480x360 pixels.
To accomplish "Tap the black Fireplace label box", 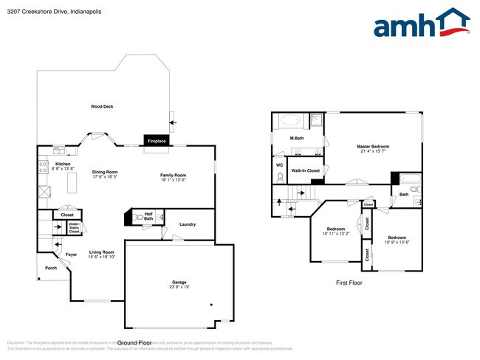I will pyautogui.click(x=157, y=140).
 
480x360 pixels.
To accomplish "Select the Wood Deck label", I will pyautogui.click(x=102, y=107).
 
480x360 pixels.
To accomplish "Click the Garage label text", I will pyautogui.click(x=179, y=282).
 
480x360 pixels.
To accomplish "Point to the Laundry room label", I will pyautogui.click(x=187, y=224).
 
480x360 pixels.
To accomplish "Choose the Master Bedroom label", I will pyautogui.click(x=373, y=146).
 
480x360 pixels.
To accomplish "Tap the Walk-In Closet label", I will pyautogui.click(x=305, y=170).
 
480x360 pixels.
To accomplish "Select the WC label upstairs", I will pyautogui.click(x=279, y=165).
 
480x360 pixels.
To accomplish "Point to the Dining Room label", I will pyautogui.click(x=106, y=173).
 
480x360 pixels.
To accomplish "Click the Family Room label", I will pyautogui.click(x=174, y=175).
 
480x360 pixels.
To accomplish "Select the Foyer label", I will pyautogui.click(x=72, y=255).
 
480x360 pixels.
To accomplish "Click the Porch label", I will pyautogui.click(x=50, y=268).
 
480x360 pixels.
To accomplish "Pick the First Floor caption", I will pyautogui.click(x=351, y=283).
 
